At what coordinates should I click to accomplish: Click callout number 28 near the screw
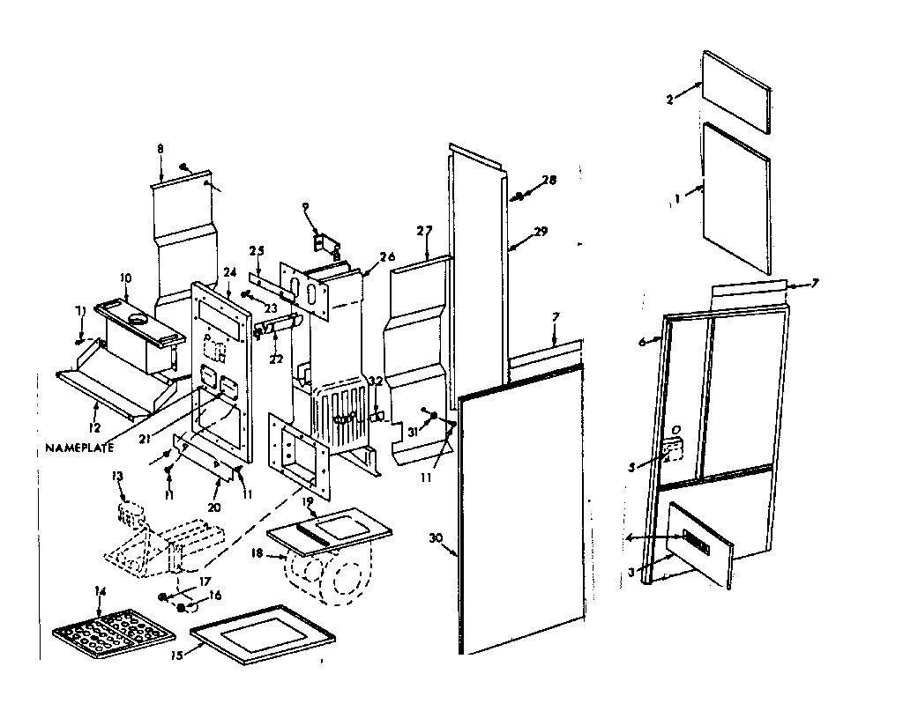tap(549, 180)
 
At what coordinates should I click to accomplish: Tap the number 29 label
tap(541, 232)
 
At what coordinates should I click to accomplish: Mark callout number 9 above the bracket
tap(305, 207)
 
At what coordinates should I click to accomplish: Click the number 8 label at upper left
tap(160, 150)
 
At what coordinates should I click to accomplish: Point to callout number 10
tap(125, 278)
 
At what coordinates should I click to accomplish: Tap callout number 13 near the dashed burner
tap(116, 477)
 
